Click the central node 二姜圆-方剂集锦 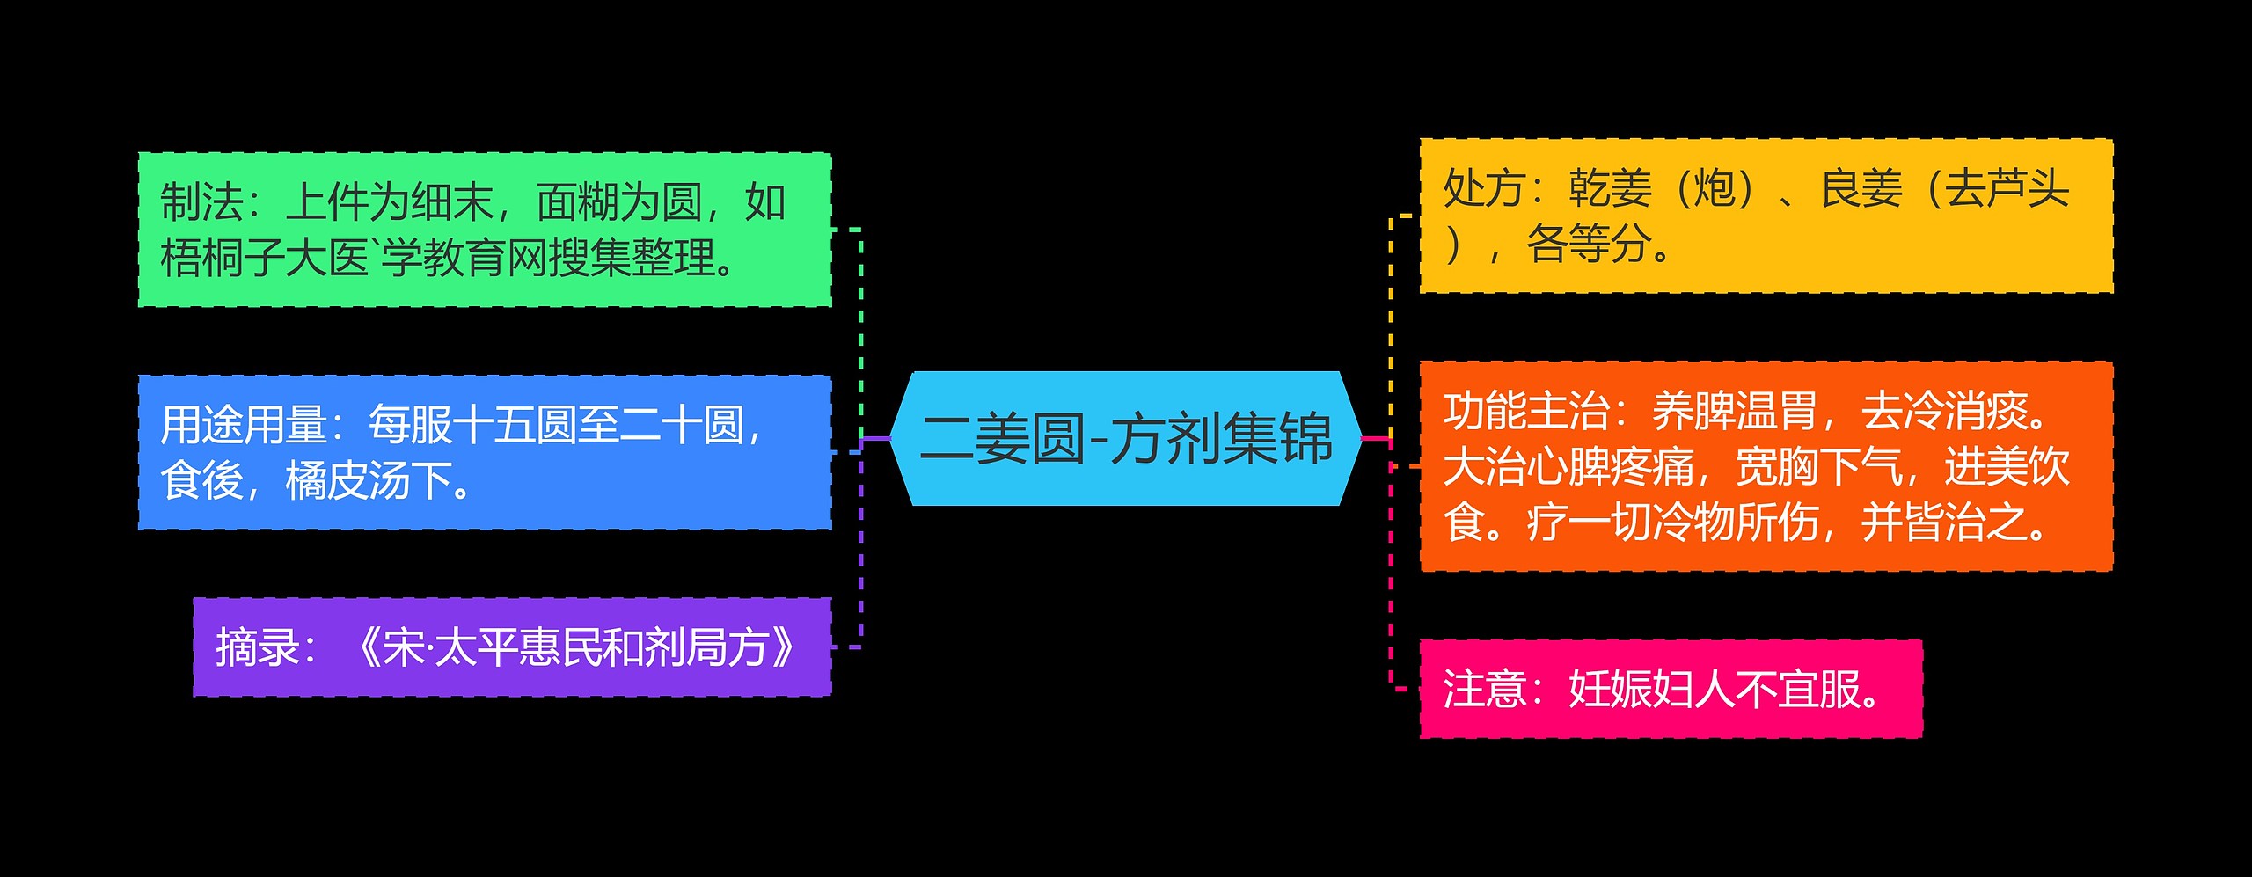(1126, 438)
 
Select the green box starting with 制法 (485, 230)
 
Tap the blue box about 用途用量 (485, 452)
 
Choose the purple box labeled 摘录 (512, 647)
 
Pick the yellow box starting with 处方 (1766, 216)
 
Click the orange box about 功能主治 (1766, 466)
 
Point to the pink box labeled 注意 (1671, 689)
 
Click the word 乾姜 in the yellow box (1611, 188)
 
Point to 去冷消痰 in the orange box (1944, 411)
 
